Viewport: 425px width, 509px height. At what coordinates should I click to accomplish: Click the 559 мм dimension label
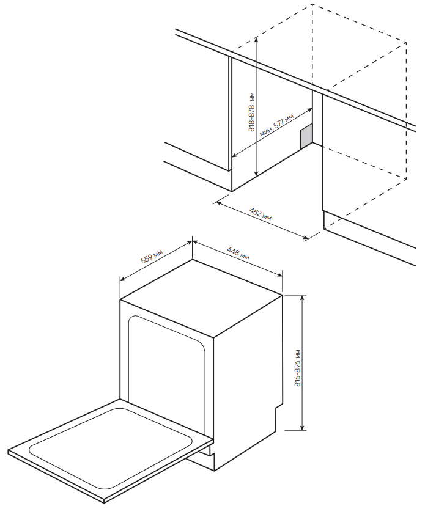pos(152,256)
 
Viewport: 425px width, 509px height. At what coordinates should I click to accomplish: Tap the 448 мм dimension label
pos(238,254)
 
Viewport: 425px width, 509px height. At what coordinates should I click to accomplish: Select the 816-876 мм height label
pos(298,368)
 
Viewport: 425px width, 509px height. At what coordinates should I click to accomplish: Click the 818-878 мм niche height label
pos(252,112)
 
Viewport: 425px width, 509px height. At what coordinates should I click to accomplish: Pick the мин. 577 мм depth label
pos(276,125)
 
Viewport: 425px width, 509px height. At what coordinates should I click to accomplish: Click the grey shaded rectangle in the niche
pos(306,136)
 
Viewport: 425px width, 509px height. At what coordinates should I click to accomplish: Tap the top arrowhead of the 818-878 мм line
pos(256,40)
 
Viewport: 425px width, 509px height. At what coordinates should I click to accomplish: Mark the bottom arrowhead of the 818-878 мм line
pos(257,174)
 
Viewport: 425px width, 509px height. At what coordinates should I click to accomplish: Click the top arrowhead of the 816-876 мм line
pos(303,298)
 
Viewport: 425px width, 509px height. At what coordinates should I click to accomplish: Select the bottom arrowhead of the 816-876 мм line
pos(303,427)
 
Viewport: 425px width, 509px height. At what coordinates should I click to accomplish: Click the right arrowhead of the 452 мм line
pos(305,238)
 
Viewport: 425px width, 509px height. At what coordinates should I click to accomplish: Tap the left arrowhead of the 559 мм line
pos(123,279)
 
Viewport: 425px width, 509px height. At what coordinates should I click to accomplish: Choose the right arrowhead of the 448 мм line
pos(279,275)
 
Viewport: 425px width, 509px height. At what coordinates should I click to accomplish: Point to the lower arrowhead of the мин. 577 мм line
pos(235,156)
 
